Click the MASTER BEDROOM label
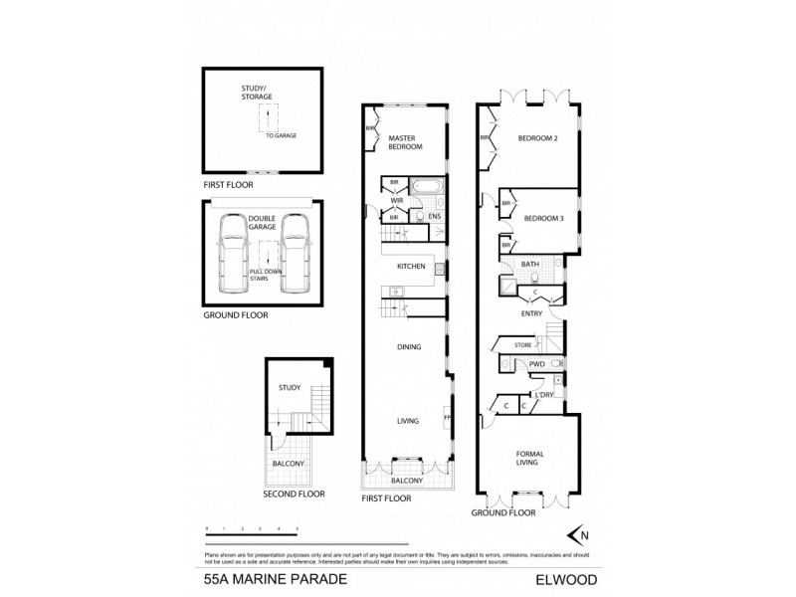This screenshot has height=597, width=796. click(x=406, y=141)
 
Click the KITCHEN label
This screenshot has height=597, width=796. click(x=411, y=267)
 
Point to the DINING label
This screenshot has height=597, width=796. click(x=409, y=347)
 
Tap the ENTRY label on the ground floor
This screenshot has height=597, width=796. click(x=532, y=313)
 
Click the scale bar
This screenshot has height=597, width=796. click(x=252, y=533)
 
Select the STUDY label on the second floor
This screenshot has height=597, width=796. click(x=289, y=388)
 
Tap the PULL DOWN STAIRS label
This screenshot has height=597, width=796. click(x=262, y=277)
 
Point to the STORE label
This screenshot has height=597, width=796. click(x=523, y=345)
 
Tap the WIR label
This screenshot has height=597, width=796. click(x=395, y=200)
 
